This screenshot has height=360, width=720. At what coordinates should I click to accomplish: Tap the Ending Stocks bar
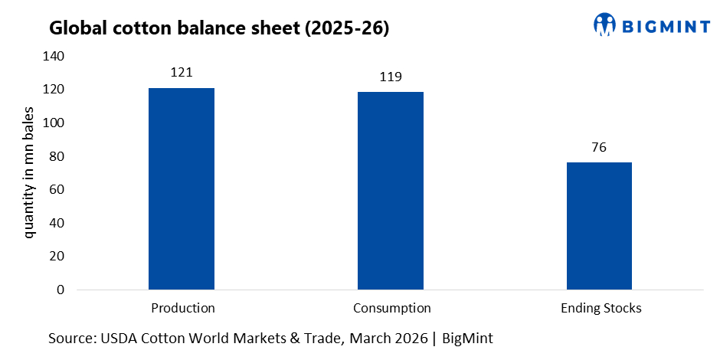click(599, 226)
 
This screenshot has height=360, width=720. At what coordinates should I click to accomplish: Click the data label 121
click(182, 73)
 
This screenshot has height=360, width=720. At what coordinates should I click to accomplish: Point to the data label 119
click(391, 77)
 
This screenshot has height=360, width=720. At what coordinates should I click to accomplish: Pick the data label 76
click(599, 147)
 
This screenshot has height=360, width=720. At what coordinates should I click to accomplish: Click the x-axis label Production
click(182, 308)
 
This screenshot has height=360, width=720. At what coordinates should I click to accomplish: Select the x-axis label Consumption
click(391, 308)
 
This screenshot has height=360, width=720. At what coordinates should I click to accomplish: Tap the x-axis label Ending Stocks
click(600, 308)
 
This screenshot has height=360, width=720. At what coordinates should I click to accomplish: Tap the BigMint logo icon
click(604, 24)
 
